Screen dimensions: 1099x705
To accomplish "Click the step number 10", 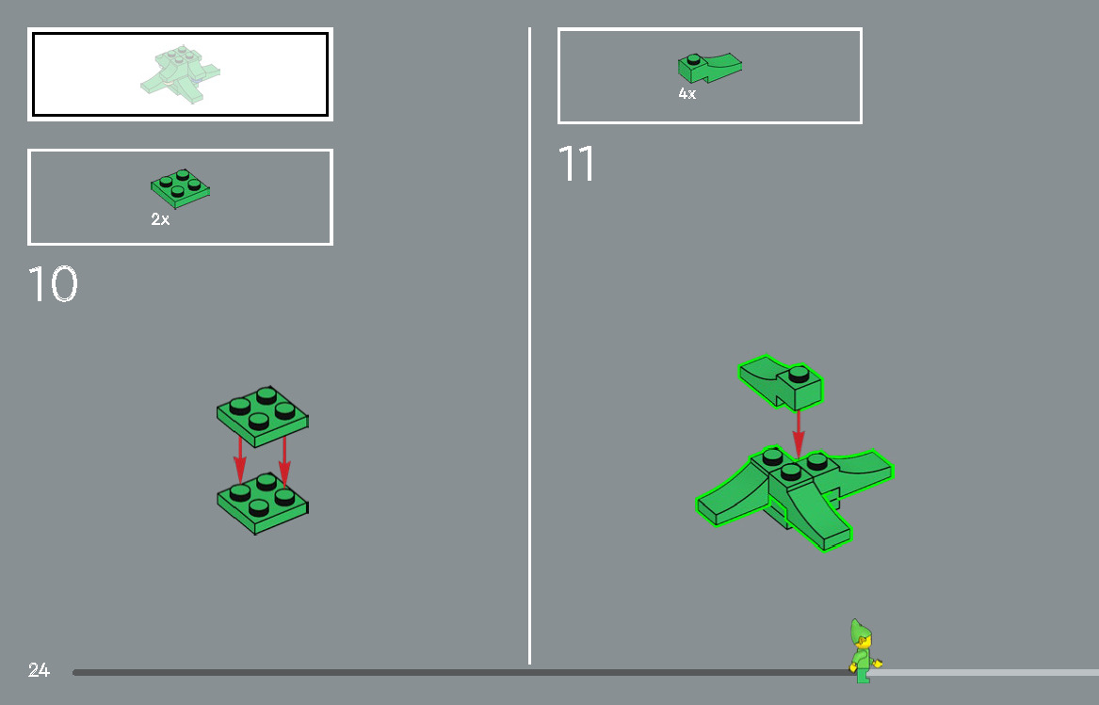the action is pos(53,284).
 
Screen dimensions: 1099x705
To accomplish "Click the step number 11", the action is pos(576,163).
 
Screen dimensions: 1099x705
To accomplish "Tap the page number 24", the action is pos(39,670).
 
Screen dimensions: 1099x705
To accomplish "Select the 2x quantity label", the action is pos(160,219).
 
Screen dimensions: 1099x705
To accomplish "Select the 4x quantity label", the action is pos(687,93).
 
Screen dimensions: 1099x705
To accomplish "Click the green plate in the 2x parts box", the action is pos(180,188).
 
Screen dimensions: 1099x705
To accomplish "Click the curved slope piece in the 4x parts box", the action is pos(709,67).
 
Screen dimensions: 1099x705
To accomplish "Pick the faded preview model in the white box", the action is pos(180,73).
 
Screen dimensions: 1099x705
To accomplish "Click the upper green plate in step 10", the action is pos(262,416).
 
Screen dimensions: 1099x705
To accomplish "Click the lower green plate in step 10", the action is pos(262,504).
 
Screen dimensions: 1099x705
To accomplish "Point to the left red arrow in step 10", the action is pos(240,459).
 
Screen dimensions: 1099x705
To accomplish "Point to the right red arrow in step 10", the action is pos(283,461).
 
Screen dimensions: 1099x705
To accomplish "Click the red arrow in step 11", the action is pos(798,434).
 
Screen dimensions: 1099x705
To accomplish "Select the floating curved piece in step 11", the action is pos(780,382).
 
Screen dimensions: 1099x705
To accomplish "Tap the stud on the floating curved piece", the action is pos(799,375).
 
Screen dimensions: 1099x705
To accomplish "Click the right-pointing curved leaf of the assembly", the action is pos(859,471).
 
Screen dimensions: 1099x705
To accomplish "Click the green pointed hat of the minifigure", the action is pos(858,631).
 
